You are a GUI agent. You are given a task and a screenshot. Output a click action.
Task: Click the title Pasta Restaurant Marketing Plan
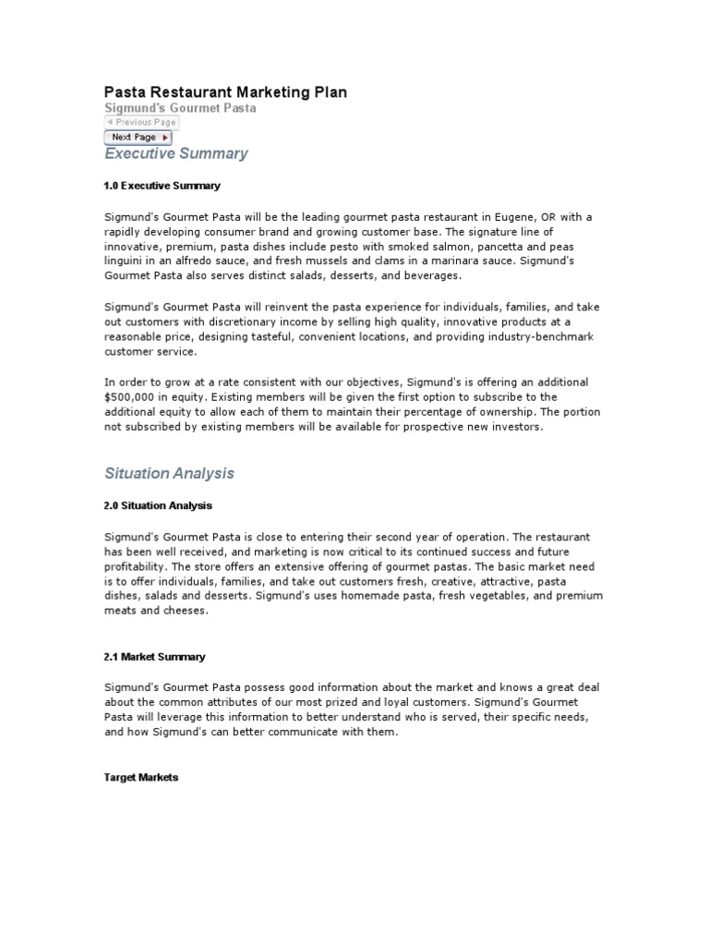[225, 92]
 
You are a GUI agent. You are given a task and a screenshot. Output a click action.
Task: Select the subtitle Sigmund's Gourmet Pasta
[179, 108]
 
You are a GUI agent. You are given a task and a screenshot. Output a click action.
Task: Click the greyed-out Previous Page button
[140, 122]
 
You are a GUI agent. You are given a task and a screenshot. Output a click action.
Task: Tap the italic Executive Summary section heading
[175, 153]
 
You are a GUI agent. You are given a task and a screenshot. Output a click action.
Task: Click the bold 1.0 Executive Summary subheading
[162, 186]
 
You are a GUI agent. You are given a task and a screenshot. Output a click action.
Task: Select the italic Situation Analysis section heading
[169, 473]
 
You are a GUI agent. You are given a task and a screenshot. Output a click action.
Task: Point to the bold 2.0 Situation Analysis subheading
[158, 505]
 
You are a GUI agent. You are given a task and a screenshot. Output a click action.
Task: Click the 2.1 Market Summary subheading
[154, 657]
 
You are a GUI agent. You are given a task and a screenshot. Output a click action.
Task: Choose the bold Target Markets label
[140, 778]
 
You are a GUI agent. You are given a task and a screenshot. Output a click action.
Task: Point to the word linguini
[126, 261]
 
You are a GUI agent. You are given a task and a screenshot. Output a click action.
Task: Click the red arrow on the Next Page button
[165, 138]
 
